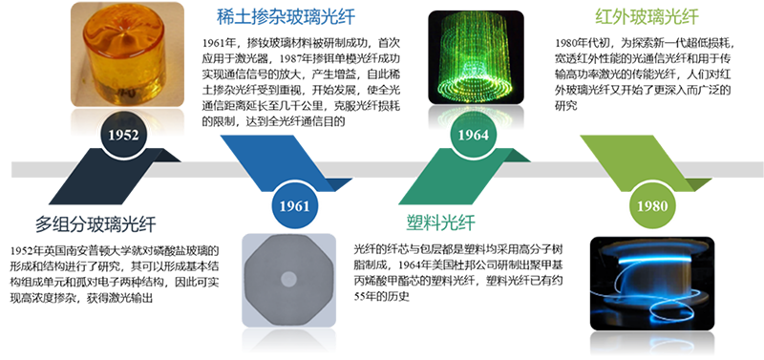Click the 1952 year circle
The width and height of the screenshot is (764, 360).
pyautogui.click(x=123, y=135)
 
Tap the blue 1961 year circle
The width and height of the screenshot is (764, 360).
pyautogui.click(x=294, y=206)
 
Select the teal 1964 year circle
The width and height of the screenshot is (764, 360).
pyautogui.click(x=473, y=135)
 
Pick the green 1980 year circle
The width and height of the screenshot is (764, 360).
pyautogui.click(x=652, y=206)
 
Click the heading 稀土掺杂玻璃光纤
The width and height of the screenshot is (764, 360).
pyautogui.click(x=286, y=17)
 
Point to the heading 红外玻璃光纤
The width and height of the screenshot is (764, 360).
pyautogui.click(x=647, y=17)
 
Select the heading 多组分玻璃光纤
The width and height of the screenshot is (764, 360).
pyautogui.click(x=95, y=225)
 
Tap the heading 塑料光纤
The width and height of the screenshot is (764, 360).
pyautogui.click(x=440, y=223)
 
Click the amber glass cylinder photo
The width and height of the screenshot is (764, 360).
pyautogui.click(x=128, y=54)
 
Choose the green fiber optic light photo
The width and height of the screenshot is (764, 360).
pyautogui.click(x=476, y=57)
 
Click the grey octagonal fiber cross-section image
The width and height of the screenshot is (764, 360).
pyautogui.click(x=289, y=280)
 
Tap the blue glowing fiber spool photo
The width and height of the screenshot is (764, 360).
pyautogui.click(x=652, y=284)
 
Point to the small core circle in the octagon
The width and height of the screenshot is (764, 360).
pyautogui.click(x=288, y=279)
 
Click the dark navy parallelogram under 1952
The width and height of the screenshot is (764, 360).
pyautogui.click(x=115, y=176)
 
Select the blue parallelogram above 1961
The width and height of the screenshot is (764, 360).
pyautogui.click(x=286, y=163)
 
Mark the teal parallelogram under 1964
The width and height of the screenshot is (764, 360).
pyautogui.click(x=465, y=176)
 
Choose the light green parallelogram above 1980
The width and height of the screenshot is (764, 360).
pyautogui.click(x=647, y=163)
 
